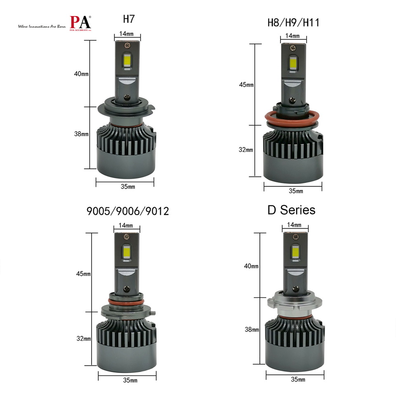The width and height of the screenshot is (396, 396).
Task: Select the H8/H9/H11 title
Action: point(293,22)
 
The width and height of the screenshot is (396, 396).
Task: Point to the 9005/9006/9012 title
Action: point(128,212)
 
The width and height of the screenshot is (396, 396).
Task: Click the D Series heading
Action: point(291,210)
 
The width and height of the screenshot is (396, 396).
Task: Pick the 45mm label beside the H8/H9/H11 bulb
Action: point(246,85)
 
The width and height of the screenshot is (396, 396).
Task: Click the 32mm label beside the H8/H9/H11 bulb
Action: point(246,150)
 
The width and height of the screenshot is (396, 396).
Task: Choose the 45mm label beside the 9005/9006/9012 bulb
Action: point(83,273)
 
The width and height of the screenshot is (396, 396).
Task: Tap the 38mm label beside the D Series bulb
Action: point(251,330)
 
